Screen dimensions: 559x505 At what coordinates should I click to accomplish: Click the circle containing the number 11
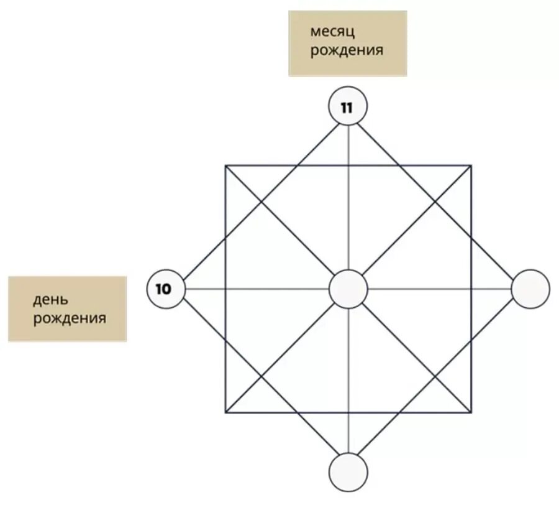pyautogui.click(x=348, y=106)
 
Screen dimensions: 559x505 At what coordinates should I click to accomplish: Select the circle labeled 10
pyautogui.click(x=167, y=289)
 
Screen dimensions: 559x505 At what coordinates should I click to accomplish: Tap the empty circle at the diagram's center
pyautogui.click(x=348, y=289)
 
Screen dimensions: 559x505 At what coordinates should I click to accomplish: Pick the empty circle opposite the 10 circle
pyautogui.click(x=530, y=289)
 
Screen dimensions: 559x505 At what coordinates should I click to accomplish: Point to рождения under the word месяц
pyautogui.click(x=347, y=49)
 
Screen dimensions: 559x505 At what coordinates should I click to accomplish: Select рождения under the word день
pyautogui.click(x=70, y=319)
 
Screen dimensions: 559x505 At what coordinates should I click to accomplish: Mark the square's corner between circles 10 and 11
pyautogui.click(x=225, y=166)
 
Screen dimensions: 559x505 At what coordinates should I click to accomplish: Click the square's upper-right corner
pyautogui.click(x=471, y=166)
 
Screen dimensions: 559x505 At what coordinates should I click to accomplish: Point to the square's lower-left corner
pyautogui.click(x=225, y=412)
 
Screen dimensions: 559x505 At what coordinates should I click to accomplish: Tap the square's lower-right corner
pyautogui.click(x=471, y=412)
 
